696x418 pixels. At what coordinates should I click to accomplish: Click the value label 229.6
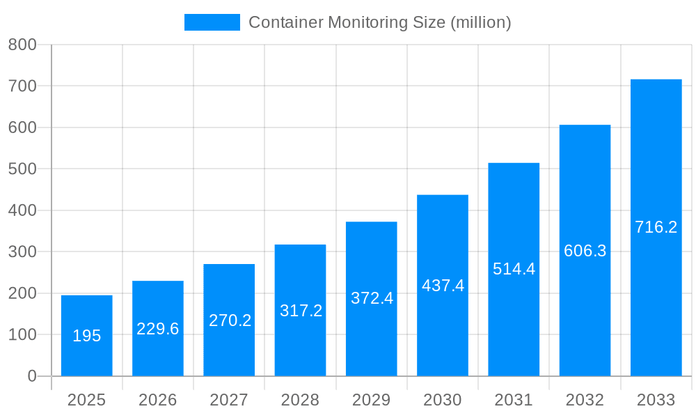(158, 329)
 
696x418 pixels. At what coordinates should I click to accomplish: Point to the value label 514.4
(514, 269)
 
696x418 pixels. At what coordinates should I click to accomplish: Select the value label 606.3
(585, 251)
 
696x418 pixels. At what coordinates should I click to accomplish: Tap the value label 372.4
(372, 298)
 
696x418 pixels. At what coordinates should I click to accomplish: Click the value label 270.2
(230, 320)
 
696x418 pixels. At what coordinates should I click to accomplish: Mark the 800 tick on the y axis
(22, 45)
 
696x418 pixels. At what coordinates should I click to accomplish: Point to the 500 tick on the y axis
(22, 169)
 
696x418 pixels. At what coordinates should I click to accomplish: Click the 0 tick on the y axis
(31, 376)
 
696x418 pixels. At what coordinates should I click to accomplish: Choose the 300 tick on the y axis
(22, 251)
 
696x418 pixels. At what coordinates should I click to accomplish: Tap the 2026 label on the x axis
(158, 400)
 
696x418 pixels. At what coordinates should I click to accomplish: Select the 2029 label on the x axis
(372, 400)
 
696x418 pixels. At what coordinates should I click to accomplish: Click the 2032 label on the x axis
(585, 400)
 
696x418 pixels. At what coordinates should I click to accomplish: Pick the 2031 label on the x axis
(514, 400)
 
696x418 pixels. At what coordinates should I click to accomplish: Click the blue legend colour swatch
(212, 22)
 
